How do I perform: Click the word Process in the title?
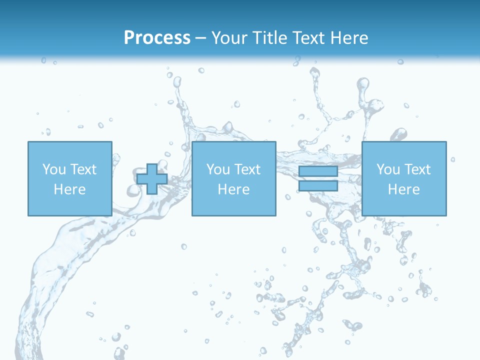coord(157,38)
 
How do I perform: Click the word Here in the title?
coord(349,38)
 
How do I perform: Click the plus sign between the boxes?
coord(152,179)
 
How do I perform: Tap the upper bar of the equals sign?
coord(318,171)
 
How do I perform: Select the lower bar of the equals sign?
coord(318,185)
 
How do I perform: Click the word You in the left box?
coord(54,169)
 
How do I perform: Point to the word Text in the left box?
coord(83,169)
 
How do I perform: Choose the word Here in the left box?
coord(69,189)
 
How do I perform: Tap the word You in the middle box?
coord(218,169)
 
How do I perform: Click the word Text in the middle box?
coord(247,169)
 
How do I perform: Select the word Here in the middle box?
coord(233,189)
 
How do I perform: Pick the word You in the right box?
coord(388,169)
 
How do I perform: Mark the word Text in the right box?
coord(417,169)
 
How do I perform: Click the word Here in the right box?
coord(403,189)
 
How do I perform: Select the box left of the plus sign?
coord(69,205)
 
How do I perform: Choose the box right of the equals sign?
coord(403,205)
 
